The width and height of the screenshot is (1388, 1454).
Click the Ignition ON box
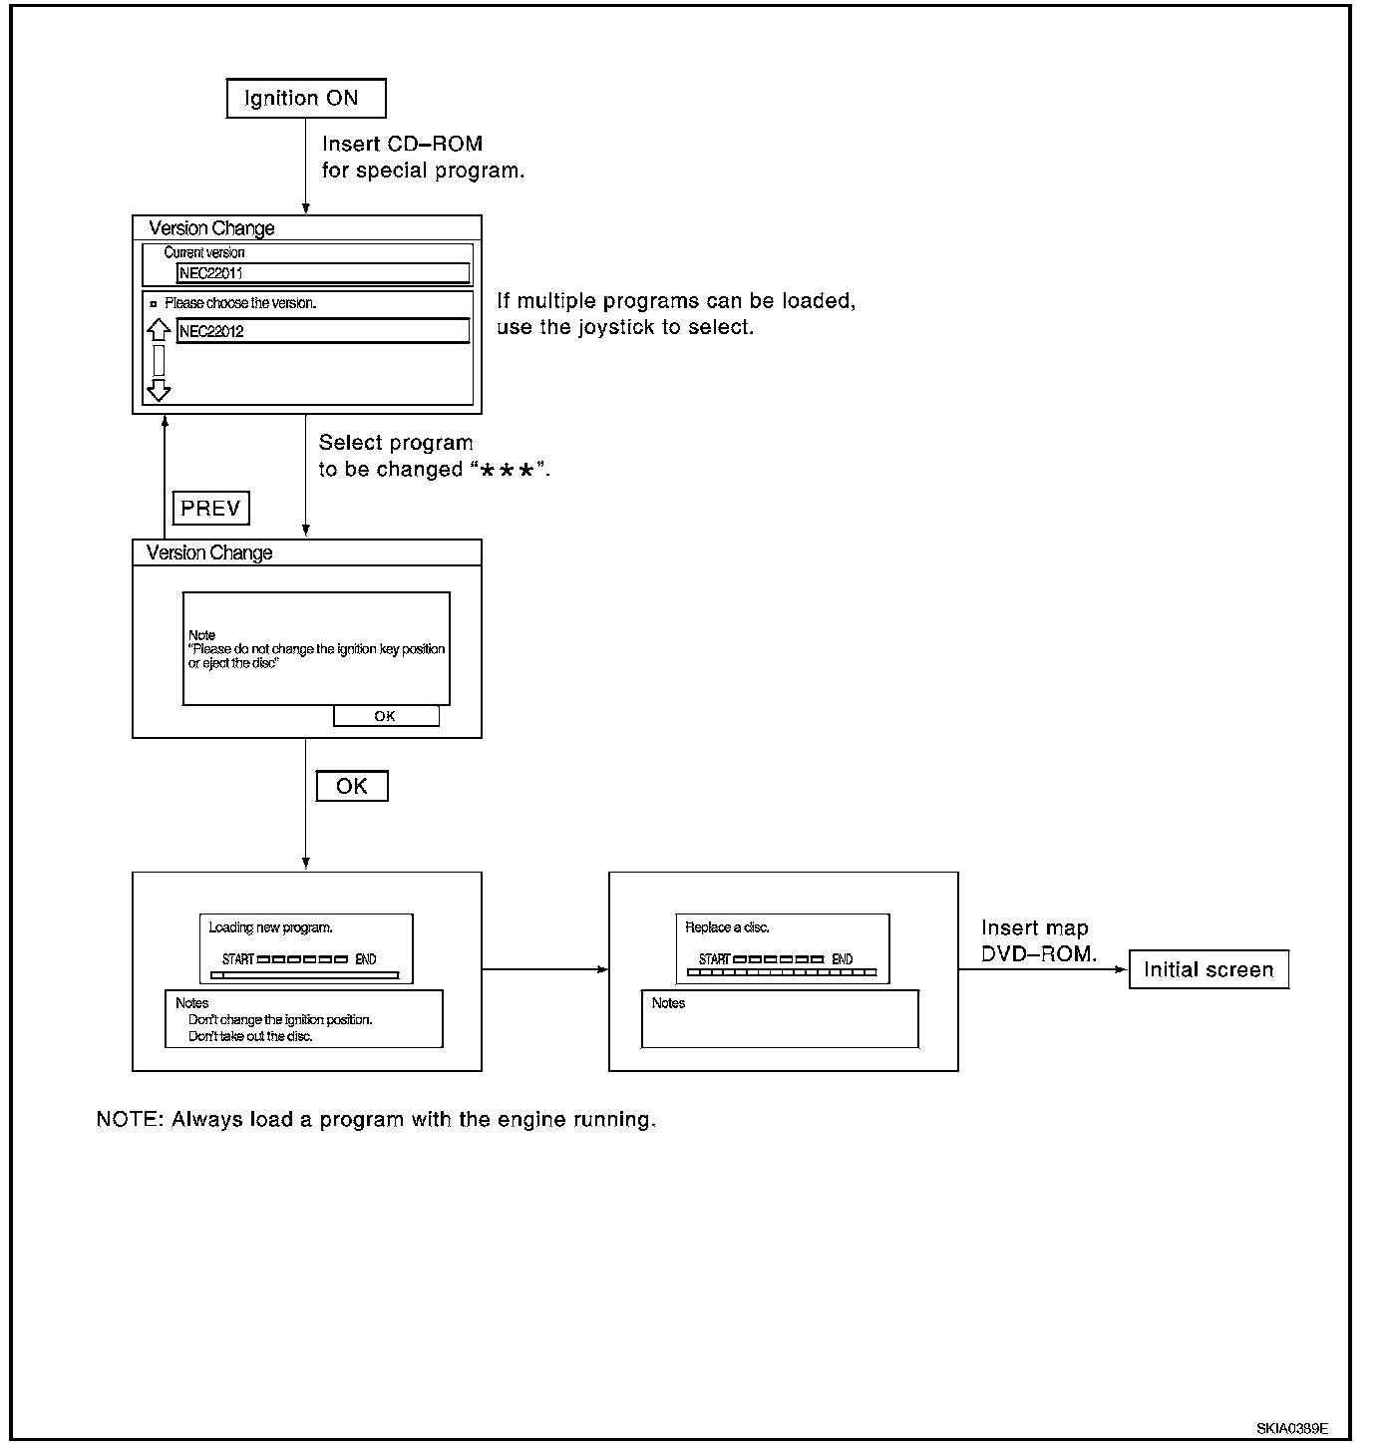[306, 98]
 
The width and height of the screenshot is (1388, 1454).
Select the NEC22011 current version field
[323, 272]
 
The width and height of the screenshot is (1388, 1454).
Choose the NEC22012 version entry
[323, 331]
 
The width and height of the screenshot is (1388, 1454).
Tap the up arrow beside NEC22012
[159, 329]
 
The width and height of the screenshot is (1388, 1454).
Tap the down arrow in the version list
[159, 390]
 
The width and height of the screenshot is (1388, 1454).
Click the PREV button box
[210, 508]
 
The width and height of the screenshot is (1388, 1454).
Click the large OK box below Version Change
[352, 786]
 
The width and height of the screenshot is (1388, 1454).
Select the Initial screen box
[1209, 969]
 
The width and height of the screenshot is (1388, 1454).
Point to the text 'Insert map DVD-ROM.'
[1038, 940]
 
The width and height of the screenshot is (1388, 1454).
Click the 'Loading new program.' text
[270, 927]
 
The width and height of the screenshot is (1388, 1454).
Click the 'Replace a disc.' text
[727, 927]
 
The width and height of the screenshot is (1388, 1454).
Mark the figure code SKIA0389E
[1291, 1429]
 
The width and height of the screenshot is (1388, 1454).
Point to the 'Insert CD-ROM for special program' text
[423, 157]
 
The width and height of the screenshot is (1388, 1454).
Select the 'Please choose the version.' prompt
[239, 303]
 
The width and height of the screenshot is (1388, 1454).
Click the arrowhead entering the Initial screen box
[1122, 969]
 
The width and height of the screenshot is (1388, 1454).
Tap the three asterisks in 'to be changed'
[507, 470]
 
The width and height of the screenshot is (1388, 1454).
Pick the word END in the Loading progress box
[365, 959]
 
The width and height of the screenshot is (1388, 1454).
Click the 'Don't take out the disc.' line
[250, 1036]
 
